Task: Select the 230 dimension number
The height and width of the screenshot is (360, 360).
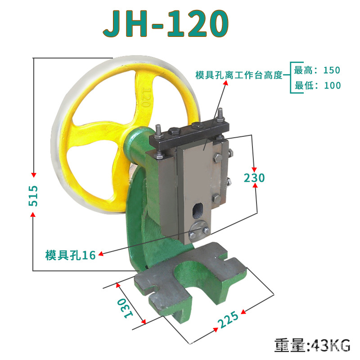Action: (x=254, y=178)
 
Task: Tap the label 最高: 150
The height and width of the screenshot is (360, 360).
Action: (x=317, y=70)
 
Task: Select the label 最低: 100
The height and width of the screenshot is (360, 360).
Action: (x=318, y=85)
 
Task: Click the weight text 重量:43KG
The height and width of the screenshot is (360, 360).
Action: (x=312, y=346)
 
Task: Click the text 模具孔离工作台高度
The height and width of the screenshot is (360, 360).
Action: (x=238, y=75)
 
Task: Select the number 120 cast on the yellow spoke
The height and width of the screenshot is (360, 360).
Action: (x=145, y=97)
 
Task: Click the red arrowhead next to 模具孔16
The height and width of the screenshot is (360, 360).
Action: (x=101, y=254)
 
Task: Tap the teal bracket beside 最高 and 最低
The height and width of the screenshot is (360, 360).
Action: (x=291, y=77)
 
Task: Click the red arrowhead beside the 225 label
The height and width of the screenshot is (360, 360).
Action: (x=244, y=310)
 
